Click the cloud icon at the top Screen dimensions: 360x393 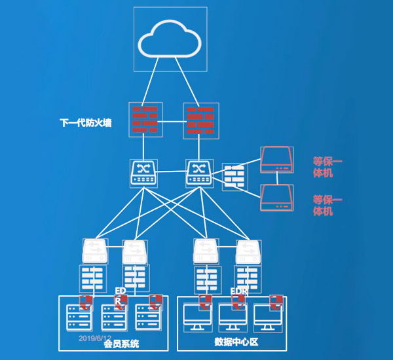(170, 39)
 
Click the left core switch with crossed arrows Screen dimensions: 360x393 (142, 172)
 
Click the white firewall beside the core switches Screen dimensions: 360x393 (234, 177)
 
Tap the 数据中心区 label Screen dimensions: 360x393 (233, 342)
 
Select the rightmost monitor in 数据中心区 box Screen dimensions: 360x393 (269, 317)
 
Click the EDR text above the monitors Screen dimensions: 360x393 (238, 290)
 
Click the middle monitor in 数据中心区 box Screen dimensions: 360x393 (233, 317)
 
